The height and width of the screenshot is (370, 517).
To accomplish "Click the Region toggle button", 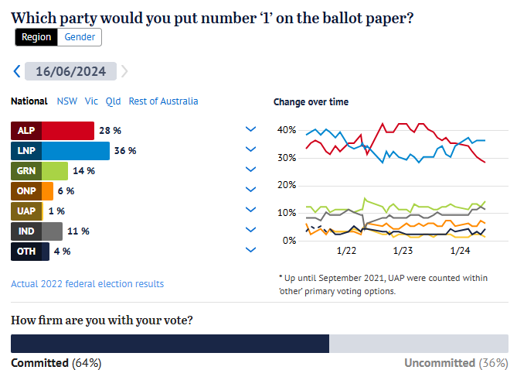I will point(36,36).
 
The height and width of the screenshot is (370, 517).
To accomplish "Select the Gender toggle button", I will point(80,36).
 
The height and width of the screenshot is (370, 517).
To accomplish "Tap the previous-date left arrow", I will point(17,71).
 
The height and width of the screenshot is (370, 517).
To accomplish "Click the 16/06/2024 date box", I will point(70,71).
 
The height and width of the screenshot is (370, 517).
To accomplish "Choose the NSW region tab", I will point(67,101).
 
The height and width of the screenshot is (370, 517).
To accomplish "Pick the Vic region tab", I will point(91,101).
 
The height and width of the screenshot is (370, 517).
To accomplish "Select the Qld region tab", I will point(114,101).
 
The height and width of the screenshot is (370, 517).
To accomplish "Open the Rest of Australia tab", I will point(163,101).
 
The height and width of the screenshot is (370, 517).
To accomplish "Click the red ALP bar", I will point(67,130).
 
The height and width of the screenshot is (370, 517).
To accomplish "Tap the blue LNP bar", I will point(75,150).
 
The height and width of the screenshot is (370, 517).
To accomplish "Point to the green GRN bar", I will point(55,170).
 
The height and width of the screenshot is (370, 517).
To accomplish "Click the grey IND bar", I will point(53,231).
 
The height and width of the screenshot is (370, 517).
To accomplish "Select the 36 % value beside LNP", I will point(125,150).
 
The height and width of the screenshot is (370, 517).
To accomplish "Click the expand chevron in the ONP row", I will point(250,190).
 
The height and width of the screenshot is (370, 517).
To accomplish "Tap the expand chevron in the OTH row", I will point(250,250).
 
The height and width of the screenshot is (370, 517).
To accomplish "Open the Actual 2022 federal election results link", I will point(87,284).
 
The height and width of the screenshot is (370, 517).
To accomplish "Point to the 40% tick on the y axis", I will point(286,130).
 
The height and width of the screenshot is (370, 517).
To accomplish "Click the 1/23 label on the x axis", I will point(403,250).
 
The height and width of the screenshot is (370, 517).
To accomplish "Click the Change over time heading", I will point(311,102).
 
